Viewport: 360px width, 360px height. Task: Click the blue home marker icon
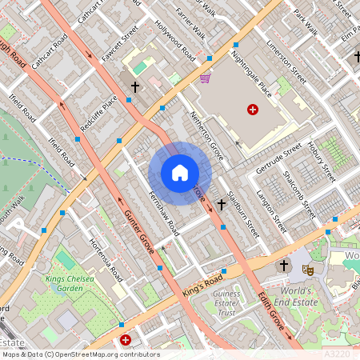[180, 173]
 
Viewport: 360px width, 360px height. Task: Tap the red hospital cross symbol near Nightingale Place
[254, 109]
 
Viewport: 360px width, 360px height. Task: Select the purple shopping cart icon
[206, 78]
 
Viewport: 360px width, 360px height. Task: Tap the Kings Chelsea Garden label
[65, 283]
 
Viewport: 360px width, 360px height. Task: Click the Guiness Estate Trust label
[227, 303]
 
